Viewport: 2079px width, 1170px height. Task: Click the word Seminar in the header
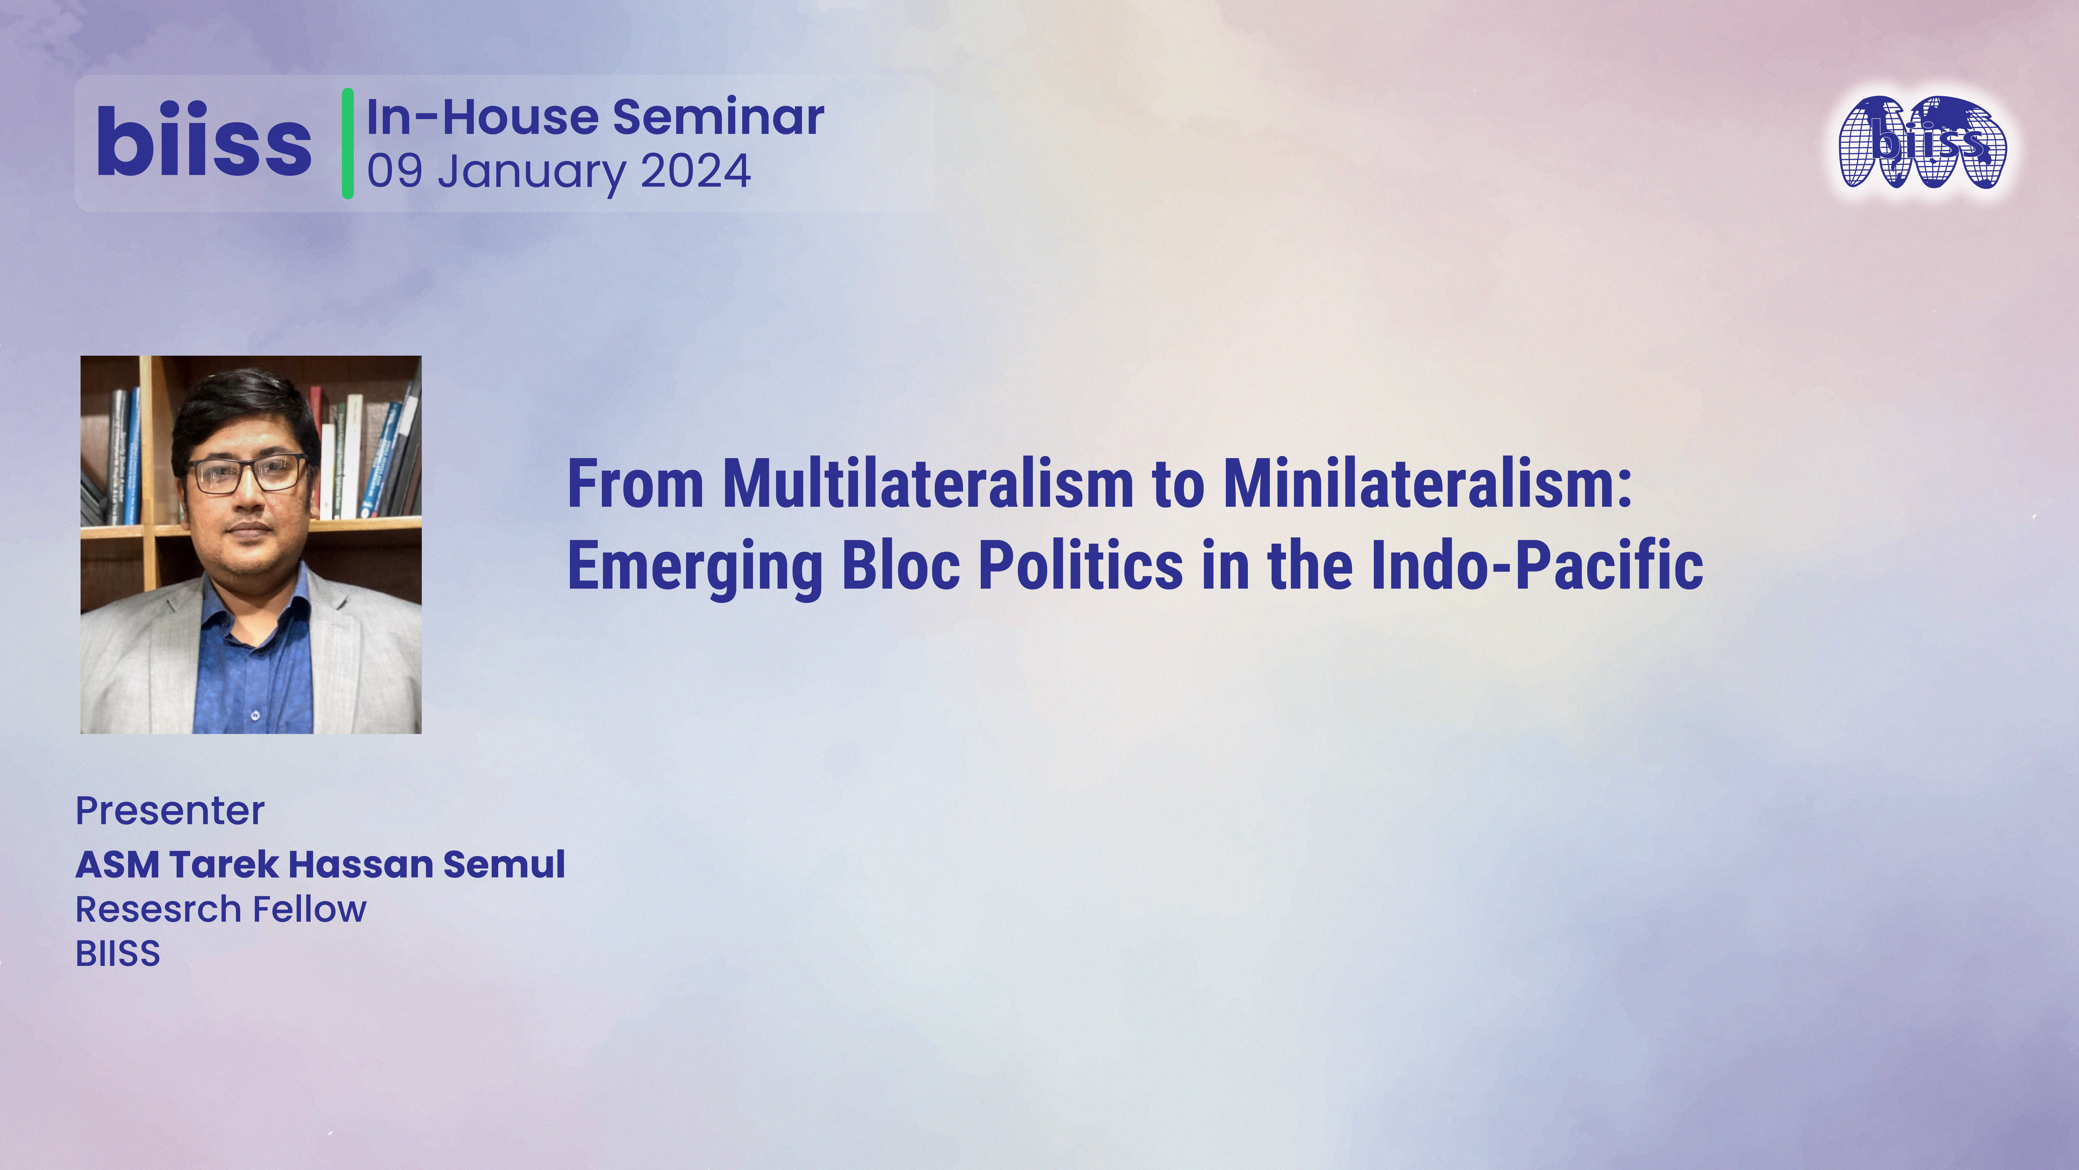(x=718, y=117)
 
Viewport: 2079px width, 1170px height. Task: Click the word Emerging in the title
(x=695, y=566)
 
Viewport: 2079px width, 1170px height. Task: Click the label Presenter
(x=169, y=811)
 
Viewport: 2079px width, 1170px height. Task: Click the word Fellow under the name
(x=310, y=909)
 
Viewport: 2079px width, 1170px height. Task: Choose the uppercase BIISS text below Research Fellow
(x=118, y=954)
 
